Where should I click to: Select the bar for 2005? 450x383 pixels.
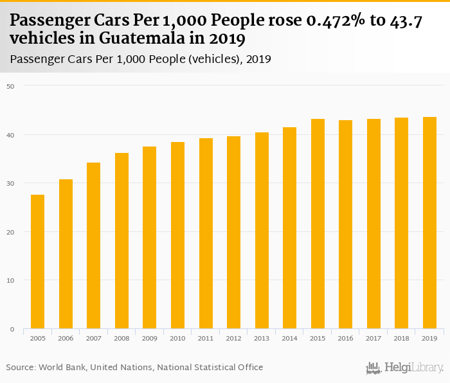(x=38, y=262)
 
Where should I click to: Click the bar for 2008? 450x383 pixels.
(x=122, y=241)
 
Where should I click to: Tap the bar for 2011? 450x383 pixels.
(x=206, y=233)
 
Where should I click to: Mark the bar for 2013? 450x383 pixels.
(x=262, y=231)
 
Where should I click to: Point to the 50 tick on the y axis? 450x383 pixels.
(x=11, y=85)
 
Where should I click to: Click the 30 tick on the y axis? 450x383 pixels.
(x=11, y=183)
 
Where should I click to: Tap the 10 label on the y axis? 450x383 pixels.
(x=11, y=280)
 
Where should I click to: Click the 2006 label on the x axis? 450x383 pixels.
(x=66, y=338)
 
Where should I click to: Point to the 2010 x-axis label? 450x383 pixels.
(x=177, y=338)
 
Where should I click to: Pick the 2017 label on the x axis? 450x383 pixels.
(x=373, y=338)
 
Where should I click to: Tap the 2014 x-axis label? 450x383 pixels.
(x=289, y=338)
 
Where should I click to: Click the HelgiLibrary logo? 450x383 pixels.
(x=405, y=368)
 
